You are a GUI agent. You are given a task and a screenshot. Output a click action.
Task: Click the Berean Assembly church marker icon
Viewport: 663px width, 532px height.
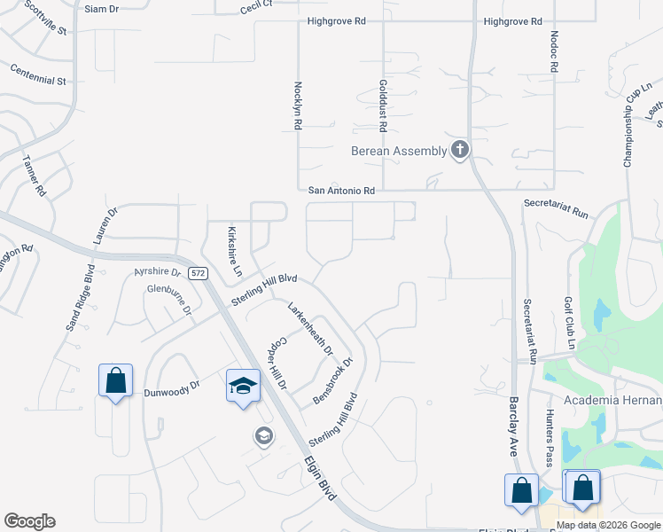459,150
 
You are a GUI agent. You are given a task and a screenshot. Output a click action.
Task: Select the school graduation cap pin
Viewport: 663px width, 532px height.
244,386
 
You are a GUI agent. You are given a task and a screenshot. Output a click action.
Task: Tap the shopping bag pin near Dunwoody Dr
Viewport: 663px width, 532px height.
115,381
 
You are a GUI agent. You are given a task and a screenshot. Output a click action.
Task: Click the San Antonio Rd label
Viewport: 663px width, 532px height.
341,191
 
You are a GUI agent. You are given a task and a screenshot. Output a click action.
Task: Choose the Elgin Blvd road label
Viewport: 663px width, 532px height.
317,479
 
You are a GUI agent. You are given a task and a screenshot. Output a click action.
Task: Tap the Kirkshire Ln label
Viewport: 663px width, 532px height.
236,253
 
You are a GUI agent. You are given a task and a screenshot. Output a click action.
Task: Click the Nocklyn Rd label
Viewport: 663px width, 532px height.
298,106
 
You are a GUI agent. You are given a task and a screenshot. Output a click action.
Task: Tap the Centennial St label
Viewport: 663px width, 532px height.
39,74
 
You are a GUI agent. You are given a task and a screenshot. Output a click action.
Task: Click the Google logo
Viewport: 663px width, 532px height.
29,521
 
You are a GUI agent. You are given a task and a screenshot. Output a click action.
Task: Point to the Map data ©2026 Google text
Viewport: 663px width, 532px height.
607,525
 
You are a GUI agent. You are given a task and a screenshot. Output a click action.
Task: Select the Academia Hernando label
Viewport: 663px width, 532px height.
611,400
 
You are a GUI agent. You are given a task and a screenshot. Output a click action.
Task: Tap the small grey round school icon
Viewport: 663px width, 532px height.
263,435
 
